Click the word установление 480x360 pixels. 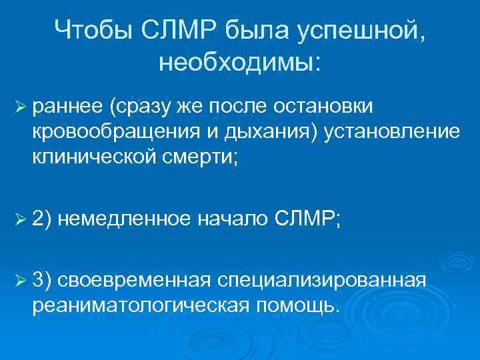393,131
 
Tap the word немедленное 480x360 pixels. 127,218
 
